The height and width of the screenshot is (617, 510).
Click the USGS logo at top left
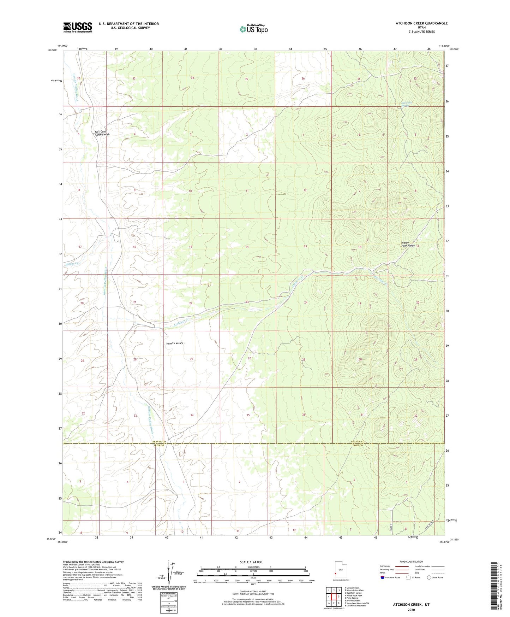click(x=78, y=27)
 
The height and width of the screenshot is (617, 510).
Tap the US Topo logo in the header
click(x=253, y=29)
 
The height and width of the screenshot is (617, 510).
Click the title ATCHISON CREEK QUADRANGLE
click(x=416, y=23)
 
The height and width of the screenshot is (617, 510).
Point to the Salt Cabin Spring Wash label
click(x=102, y=133)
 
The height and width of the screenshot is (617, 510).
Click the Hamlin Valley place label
click(x=175, y=343)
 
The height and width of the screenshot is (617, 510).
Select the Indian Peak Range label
click(x=408, y=244)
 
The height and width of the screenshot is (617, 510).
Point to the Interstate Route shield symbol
click(x=383, y=577)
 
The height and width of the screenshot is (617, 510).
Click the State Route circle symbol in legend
click(x=429, y=577)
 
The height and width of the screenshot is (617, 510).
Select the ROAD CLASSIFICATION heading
click(x=411, y=562)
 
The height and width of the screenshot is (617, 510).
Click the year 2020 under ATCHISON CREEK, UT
click(x=411, y=610)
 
